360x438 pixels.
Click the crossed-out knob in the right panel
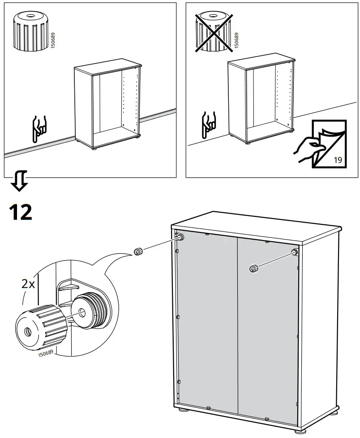coord(214,31)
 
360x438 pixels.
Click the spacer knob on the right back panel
coord(254,268)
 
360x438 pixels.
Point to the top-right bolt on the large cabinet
coord(294,253)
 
